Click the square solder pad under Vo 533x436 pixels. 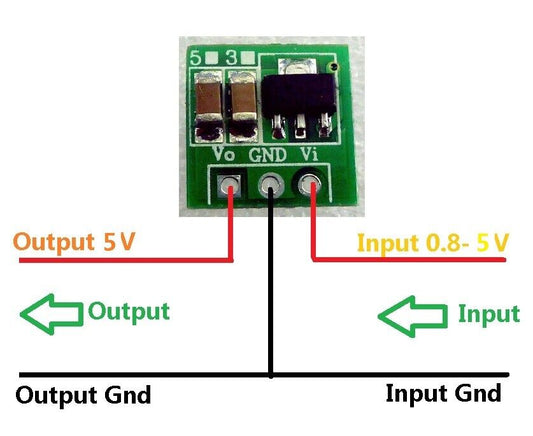pos(231,184)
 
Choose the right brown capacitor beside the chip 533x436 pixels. pos(243,105)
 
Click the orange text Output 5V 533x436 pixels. pos(76,242)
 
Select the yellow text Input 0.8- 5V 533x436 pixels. pos(433,242)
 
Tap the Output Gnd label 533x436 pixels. pos(85,395)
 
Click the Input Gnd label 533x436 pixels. pos(443,392)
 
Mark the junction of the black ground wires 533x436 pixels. pos(271,377)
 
